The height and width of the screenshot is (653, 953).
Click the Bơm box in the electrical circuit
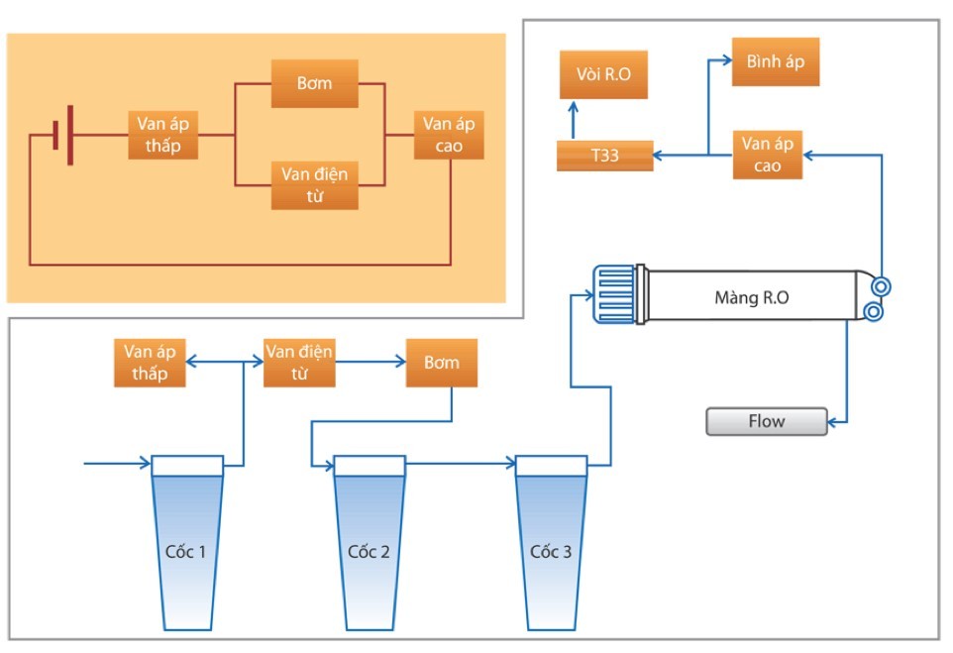314,84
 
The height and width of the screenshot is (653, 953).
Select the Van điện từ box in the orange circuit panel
314,184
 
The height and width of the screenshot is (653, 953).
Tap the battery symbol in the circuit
62,135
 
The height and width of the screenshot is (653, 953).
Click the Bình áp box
776,61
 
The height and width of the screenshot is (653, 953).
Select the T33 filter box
604,156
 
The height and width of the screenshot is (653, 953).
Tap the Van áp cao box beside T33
767,155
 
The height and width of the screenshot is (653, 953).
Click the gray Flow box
766,421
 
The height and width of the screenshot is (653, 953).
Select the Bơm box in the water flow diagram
441,363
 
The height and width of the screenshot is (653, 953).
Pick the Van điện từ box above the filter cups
298,363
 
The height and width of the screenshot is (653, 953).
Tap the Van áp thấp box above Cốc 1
150,363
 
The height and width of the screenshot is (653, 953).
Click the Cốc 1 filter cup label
186,551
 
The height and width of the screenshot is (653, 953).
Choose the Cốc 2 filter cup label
369,551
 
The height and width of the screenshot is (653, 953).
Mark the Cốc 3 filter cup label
551,551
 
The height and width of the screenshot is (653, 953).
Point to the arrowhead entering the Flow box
833,421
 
